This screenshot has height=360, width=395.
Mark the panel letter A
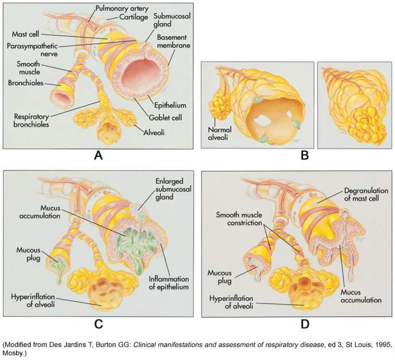tap(98, 156)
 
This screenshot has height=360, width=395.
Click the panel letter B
tap(305, 156)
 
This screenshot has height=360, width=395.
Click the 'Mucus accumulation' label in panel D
tap(361, 296)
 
